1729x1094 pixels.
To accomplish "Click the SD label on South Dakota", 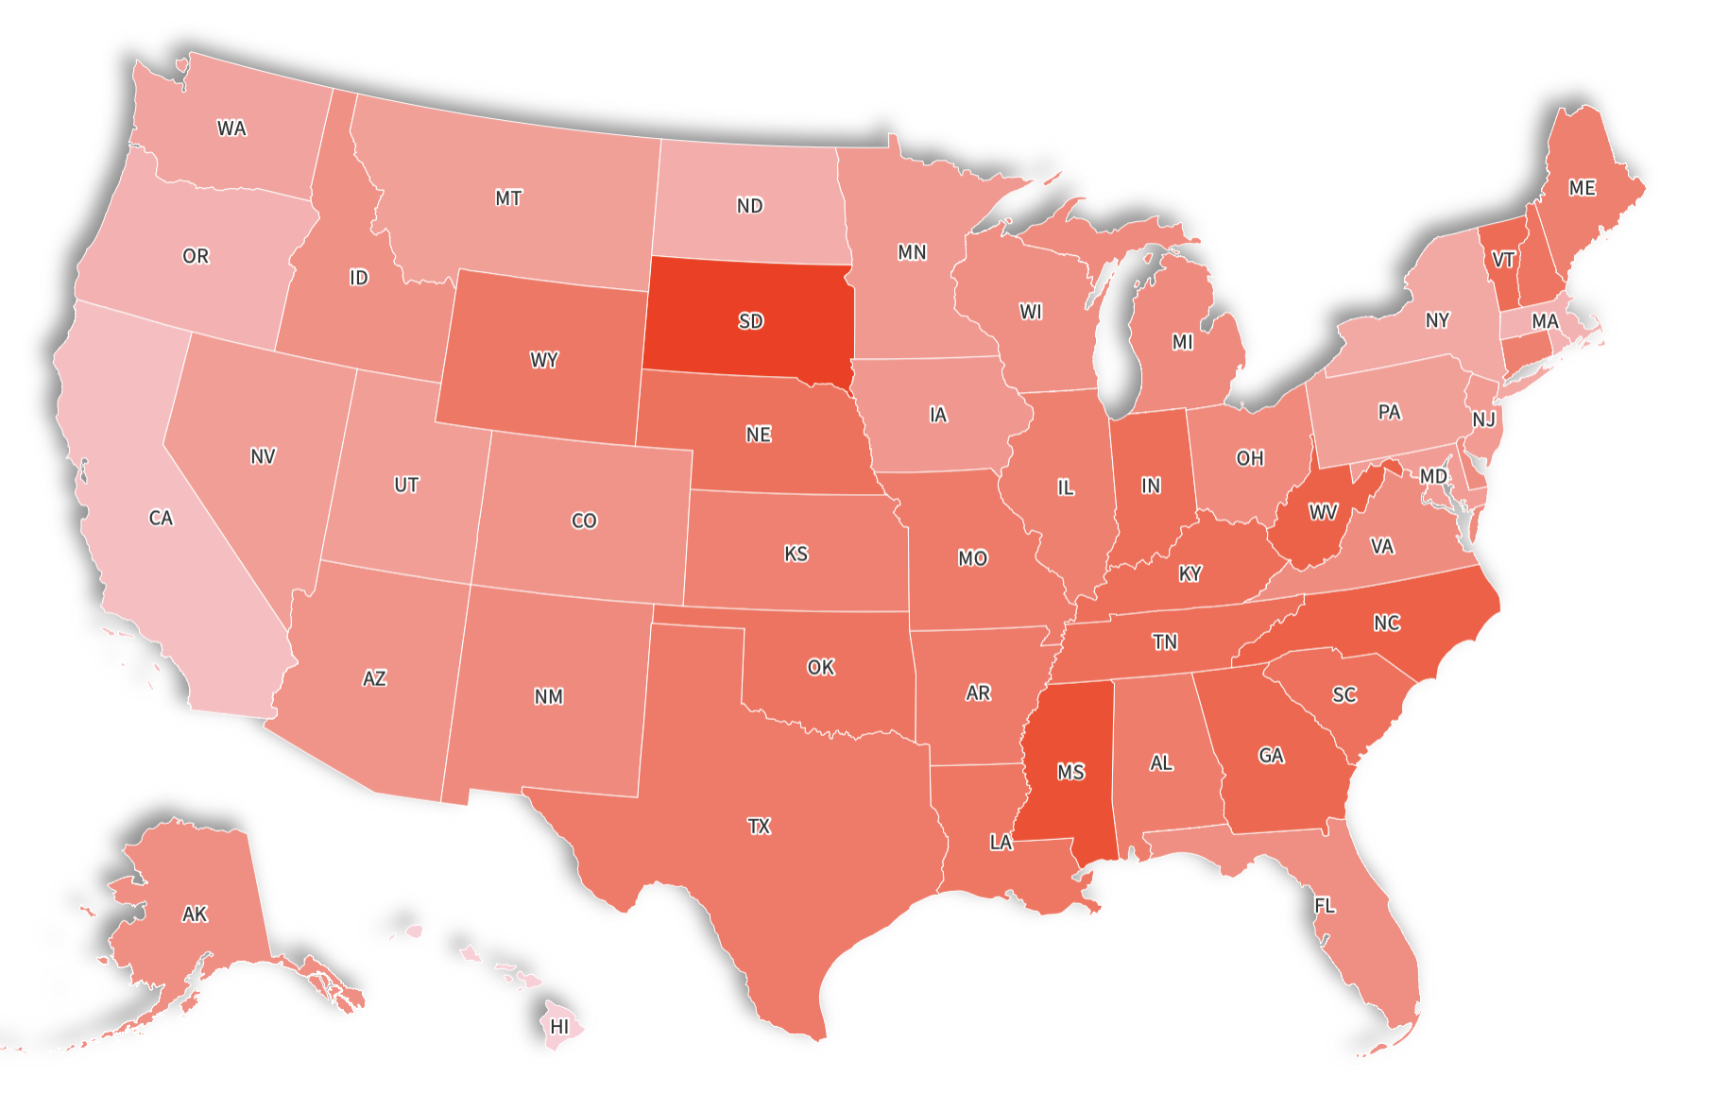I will (x=751, y=321).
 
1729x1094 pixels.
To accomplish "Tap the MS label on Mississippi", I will (x=1070, y=772).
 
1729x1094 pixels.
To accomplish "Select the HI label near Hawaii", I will (x=560, y=1026).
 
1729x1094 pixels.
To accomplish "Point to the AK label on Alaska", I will (x=195, y=914).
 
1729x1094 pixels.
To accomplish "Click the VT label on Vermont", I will (x=1503, y=259).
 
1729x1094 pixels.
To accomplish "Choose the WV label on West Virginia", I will (x=1323, y=512).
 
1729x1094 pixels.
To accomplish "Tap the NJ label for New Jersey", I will (x=1483, y=419).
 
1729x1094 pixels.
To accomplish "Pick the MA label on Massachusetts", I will (x=1545, y=321).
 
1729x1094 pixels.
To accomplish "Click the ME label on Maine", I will (x=1583, y=188).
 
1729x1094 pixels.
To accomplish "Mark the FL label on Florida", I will (x=1325, y=906).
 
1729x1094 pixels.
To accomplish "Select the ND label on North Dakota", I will (x=749, y=206).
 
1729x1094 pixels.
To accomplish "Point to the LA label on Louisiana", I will (x=1001, y=842).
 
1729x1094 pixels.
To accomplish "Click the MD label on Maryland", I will (x=1433, y=476).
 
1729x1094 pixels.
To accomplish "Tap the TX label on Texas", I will (x=759, y=827).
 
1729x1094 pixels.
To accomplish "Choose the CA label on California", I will (x=161, y=518).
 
